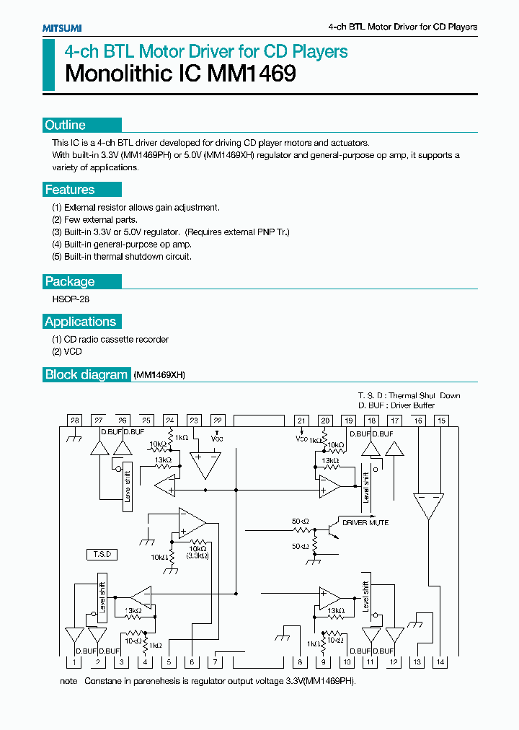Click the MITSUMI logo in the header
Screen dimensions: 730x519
tap(61, 27)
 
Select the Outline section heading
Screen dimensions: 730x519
tap(66, 126)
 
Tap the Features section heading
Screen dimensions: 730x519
tap(70, 190)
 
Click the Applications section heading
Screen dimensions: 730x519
tap(80, 322)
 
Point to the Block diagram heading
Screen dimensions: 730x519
tap(86, 374)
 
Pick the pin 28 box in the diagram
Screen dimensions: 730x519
tap(74, 420)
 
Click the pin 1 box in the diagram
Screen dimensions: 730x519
tap(74, 661)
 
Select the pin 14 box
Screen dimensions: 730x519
tap(441, 661)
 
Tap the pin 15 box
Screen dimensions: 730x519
tap(441, 420)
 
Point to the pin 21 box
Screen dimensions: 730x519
tap(302, 420)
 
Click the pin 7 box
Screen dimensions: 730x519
tap(216, 661)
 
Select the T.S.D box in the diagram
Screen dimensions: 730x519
tap(102, 554)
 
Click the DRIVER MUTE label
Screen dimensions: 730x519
tap(365, 522)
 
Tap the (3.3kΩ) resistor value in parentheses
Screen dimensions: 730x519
tap(198, 555)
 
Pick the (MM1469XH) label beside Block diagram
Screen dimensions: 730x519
tap(160, 375)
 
